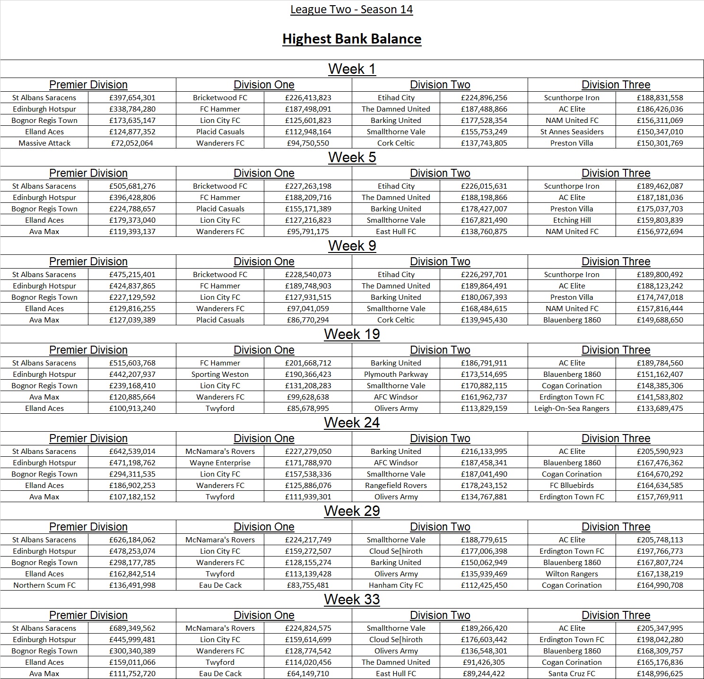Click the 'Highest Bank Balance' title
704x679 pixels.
pos(352,39)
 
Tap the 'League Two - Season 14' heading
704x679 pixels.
pos(351,9)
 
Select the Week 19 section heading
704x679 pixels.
pos(352,334)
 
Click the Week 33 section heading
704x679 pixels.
pos(352,600)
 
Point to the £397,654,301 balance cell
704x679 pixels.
pos(132,98)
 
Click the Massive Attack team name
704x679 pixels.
pos(44,143)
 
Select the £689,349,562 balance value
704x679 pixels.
pos(132,628)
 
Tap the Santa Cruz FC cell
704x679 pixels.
pos(572,674)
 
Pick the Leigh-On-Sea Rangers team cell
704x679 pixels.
pos(572,409)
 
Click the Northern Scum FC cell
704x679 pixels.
pos(44,585)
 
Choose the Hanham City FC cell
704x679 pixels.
pos(396,585)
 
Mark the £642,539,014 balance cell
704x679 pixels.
pos(132,452)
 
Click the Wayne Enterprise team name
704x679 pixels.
pos(220,463)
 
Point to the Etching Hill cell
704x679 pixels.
pos(572,220)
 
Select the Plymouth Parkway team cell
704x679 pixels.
pos(396,374)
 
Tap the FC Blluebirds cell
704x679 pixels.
pos(572,486)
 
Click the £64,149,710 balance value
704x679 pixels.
pos(308,674)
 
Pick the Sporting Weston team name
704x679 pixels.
pos(220,374)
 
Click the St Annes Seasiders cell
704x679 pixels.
pos(572,132)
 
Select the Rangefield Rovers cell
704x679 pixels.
pos(396,486)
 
